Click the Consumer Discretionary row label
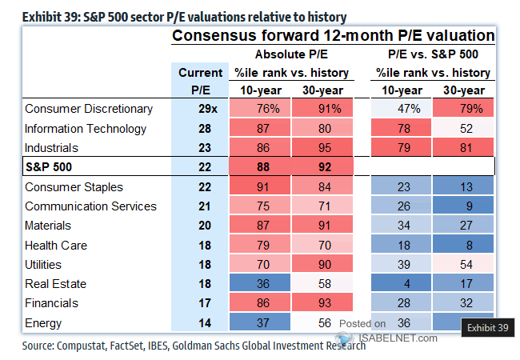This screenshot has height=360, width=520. click(89, 109)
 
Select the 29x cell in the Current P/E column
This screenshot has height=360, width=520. click(198, 109)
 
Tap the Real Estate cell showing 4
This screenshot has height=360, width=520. click(398, 284)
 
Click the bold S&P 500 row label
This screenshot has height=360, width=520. click(50, 167)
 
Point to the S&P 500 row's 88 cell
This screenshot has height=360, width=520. click(260, 167)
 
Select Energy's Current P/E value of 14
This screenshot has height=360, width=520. click(198, 323)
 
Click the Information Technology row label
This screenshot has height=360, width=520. click(86, 129)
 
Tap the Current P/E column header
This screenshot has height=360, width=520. click(198, 81)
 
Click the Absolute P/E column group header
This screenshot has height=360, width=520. click(291, 55)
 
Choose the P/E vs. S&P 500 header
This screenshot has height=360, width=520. click(433, 55)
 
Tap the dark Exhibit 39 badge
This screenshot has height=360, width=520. click(488, 326)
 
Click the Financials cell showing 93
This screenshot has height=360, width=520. click(322, 303)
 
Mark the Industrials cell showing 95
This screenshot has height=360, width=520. click(322, 148)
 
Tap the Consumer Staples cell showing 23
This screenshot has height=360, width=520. click(398, 187)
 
